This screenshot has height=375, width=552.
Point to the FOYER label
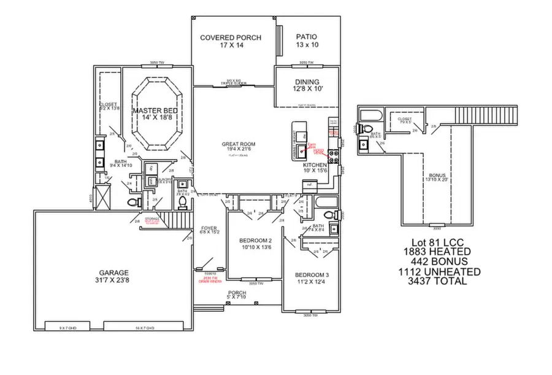(210, 231)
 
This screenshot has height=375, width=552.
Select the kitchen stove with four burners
(335, 156)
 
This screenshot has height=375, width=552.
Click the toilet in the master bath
(131, 202)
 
